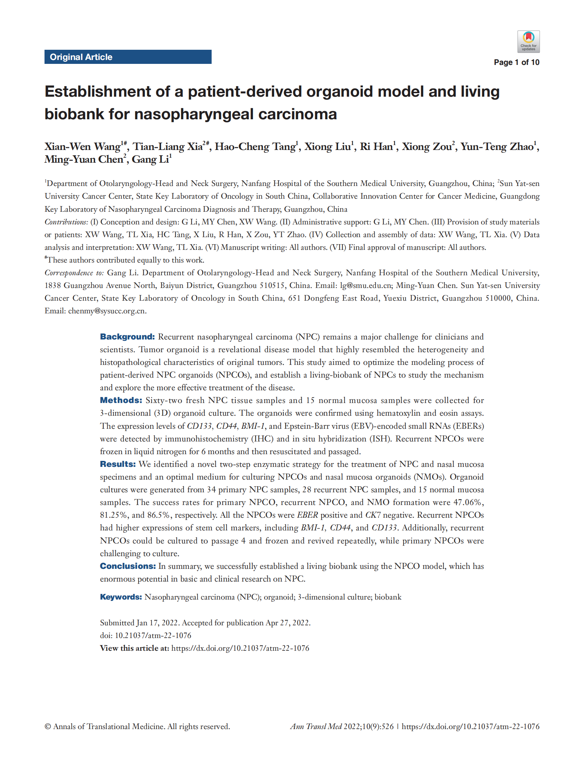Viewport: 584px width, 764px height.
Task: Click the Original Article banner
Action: [128, 57]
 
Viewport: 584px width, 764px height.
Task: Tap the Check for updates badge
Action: [528, 42]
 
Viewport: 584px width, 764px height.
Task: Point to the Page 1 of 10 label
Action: [516, 62]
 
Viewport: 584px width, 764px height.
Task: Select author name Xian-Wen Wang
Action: [82, 146]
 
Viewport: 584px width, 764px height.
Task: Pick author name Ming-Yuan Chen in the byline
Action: [83, 160]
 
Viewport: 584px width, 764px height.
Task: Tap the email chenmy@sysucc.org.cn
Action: [107, 311]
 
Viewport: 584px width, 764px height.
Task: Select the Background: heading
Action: [127, 337]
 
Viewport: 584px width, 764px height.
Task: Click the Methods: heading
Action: [121, 400]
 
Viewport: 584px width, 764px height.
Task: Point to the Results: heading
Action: [118, 464]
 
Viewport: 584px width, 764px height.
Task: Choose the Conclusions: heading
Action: [128, 566]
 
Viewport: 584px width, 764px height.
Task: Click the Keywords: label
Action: [121, 597]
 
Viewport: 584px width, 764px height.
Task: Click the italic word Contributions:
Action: [66, 222]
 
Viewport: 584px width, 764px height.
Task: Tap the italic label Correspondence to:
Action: [74, 273]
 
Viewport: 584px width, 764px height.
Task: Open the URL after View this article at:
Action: [240, 648]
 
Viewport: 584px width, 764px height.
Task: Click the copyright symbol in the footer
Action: [48, 726]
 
